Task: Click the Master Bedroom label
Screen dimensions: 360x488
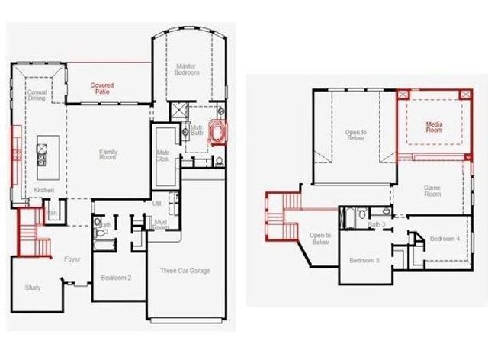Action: coord(188,69)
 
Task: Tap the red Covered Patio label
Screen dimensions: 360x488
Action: coord(102,88)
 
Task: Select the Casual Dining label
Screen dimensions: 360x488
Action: coord(37,95)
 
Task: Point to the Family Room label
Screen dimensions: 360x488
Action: coord(108,155)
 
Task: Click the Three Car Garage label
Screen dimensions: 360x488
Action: coord(185,271)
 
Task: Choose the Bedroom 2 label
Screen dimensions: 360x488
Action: coord(117,278)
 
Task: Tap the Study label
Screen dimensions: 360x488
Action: coord(32,288)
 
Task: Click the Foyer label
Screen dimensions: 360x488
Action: coord(72,259)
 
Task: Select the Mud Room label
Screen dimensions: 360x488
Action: coord(160,225)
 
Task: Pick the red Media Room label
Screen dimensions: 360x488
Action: coord(434,127)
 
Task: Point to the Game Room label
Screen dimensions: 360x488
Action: coord(433,191)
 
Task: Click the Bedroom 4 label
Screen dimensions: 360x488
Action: coord(445,239)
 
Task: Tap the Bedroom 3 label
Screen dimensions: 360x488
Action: coord(364,261)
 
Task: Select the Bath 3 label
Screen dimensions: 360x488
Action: coord(377,225)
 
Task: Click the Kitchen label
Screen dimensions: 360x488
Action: coord(43,190)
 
